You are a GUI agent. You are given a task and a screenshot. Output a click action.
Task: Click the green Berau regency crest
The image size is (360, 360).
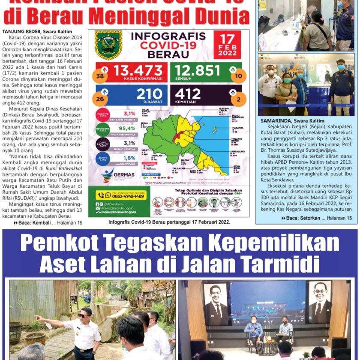click(108, 45)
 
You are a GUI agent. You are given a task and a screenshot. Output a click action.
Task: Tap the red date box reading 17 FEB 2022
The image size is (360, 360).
click(227, 45)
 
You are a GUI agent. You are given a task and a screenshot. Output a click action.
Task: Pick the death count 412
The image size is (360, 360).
click(188, 93)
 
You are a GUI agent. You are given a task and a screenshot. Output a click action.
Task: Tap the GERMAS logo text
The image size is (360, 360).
click(123, 175)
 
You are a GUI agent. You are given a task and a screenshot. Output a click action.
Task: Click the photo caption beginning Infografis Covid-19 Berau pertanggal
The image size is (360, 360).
click(169, 222)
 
